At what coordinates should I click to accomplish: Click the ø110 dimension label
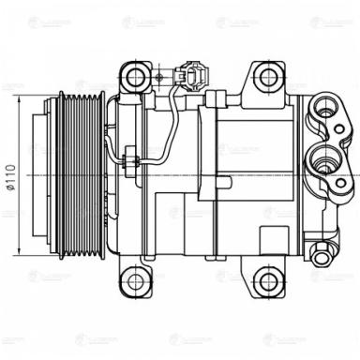pyautogui.click(x=10, y=175)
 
